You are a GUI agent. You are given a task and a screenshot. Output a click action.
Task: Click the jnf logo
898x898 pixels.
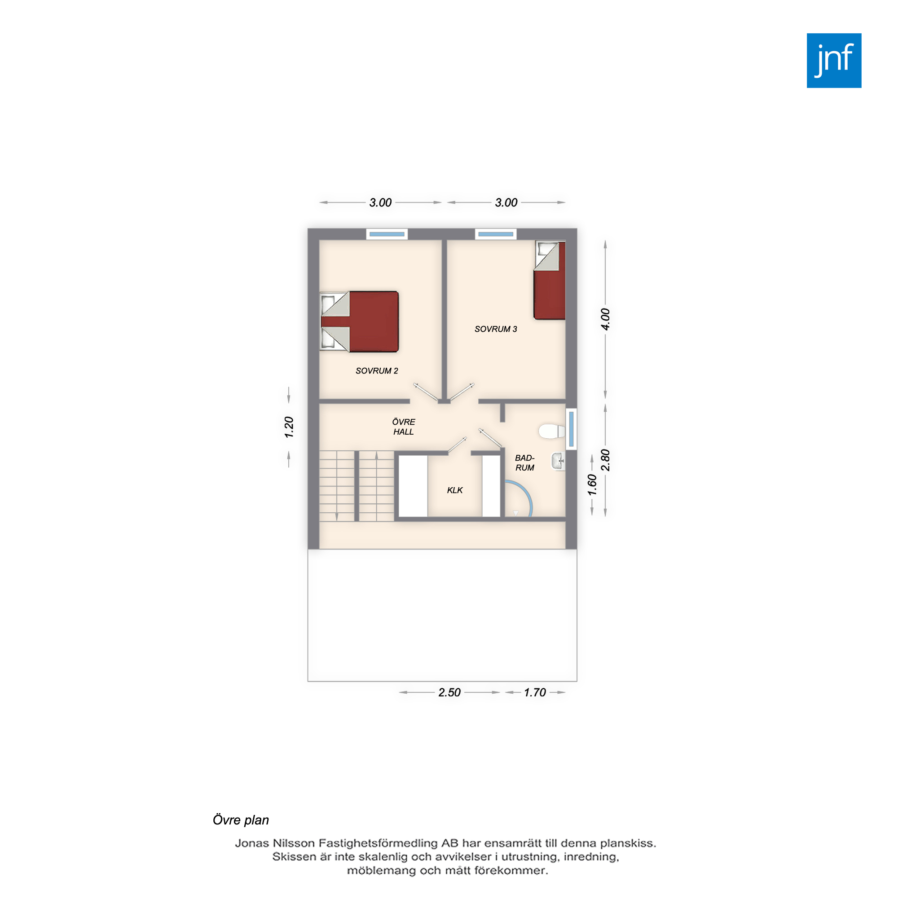(834, 61)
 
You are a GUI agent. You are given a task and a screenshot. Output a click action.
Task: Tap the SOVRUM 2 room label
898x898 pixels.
(377, 371)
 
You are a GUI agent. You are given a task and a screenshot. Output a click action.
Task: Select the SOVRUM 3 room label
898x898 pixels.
(496, 329)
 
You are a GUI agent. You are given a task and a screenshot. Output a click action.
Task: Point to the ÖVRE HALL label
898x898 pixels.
(404, 427)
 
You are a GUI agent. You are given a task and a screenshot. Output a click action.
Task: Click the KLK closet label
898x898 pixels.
(455, 490)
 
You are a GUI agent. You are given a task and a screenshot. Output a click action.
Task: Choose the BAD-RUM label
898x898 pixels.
(525, 463)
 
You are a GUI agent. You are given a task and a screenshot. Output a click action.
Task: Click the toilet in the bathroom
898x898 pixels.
(552, 431)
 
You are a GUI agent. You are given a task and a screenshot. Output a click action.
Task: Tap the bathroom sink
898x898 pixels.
(558, 462)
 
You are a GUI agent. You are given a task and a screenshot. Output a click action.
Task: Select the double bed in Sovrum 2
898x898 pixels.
(360, 321)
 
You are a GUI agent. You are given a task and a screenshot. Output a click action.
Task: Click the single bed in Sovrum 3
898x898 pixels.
(550, 280)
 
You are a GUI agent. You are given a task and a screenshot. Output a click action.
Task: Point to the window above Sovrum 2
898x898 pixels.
(387, 234)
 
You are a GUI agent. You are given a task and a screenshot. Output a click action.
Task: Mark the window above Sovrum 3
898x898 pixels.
(496, 234)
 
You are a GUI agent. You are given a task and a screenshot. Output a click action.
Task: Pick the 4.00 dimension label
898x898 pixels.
(605, 319)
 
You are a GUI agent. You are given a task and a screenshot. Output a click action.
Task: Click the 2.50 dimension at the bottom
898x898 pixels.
(449, 692)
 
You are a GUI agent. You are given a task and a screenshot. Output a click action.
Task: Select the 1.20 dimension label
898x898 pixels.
(289, 427)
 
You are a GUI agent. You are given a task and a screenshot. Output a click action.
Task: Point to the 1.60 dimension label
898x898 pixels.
(592, 485)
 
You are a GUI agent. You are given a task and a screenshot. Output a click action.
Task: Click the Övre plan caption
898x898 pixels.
(241, 820)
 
